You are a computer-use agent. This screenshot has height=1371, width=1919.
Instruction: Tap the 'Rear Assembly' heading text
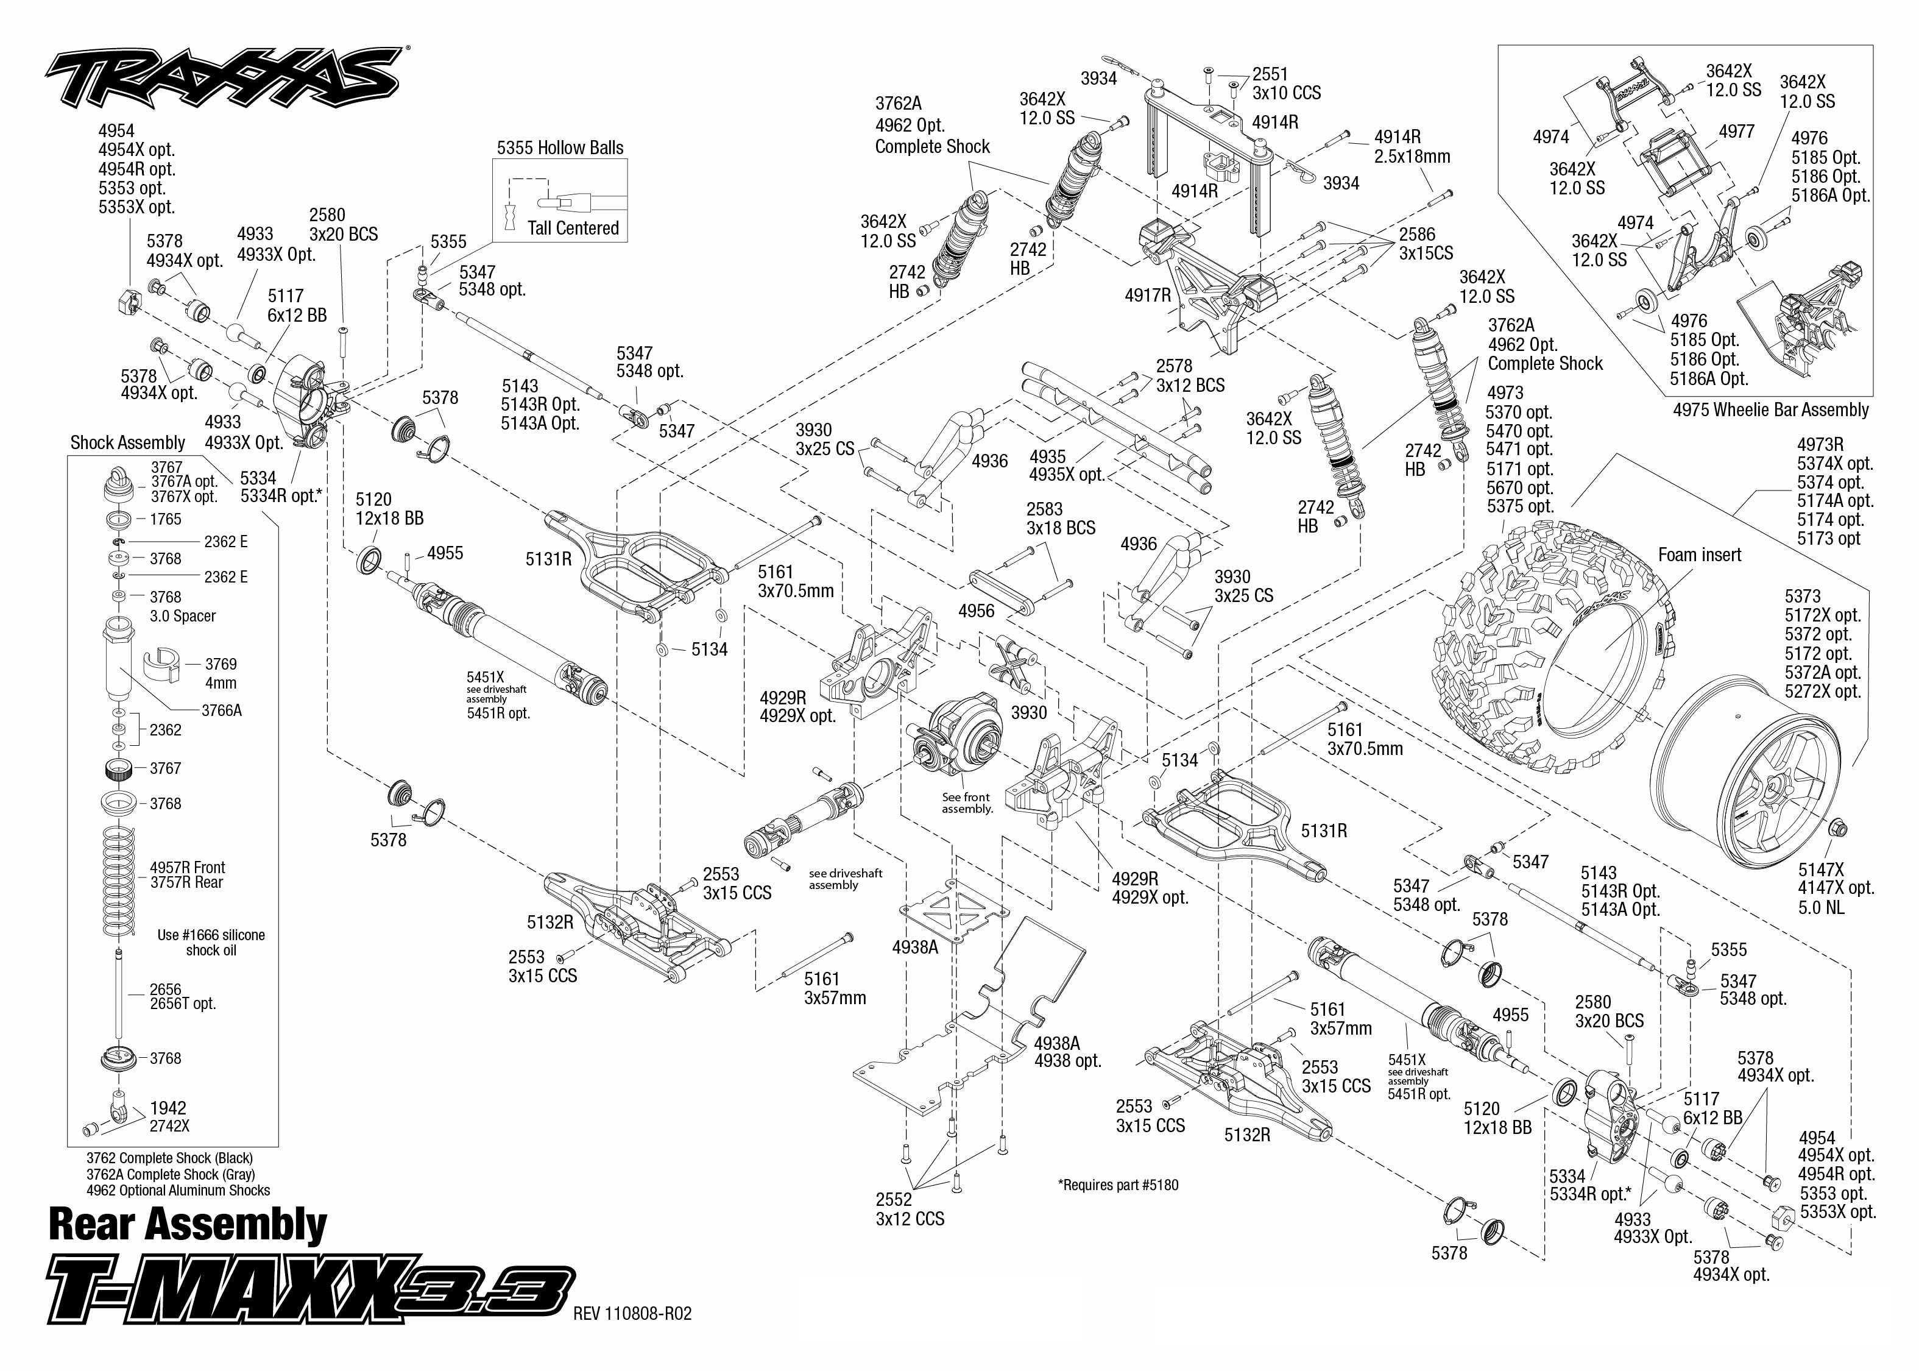click(x=188, y=1224)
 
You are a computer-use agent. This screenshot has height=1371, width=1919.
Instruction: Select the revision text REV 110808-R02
click(x=632, y=1314)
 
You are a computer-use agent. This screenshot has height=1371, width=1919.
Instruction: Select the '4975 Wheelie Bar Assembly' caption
click(x=1770, y=410)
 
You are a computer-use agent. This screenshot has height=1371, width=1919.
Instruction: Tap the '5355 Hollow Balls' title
click(x=559, y=147)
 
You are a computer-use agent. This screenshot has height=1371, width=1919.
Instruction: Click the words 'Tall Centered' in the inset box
click(x=573, y=228)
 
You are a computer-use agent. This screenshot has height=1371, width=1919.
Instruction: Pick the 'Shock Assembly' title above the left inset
click(x=127, y=442)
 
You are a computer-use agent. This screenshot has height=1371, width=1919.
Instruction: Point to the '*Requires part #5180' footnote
click(x=1117, y=1185)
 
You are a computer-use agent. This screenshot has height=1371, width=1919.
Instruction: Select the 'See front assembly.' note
click(x=967, y=803)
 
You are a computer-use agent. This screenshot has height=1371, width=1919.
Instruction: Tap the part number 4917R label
click(x=1148, y=296)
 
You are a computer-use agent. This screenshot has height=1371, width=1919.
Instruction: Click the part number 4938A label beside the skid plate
click(x=915, y=947)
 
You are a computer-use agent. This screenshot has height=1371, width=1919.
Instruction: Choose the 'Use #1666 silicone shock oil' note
click(x=211, y=942)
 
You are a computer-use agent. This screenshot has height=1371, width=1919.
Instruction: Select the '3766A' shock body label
click(x=221, y=710)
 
